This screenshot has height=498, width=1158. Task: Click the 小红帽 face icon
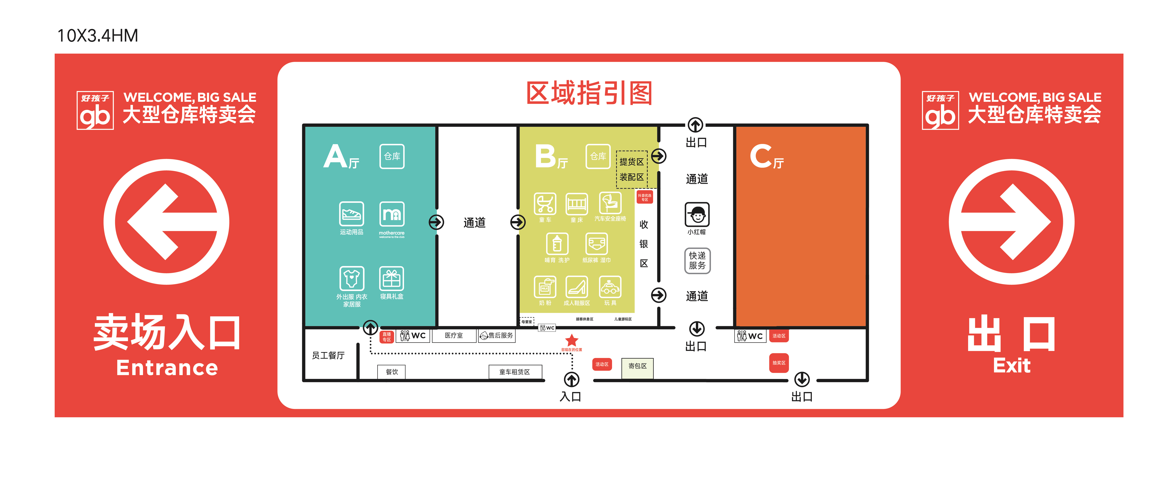[x=697, y=215]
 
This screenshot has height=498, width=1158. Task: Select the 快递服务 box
[x=697, y=260]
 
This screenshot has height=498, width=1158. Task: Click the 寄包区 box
[x=637, y=367]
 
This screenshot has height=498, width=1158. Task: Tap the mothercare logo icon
[x=392, y=214]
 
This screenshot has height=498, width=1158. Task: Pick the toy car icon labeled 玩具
[x=610, y=287]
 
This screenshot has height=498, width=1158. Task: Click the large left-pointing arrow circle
[x=166, y=222]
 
